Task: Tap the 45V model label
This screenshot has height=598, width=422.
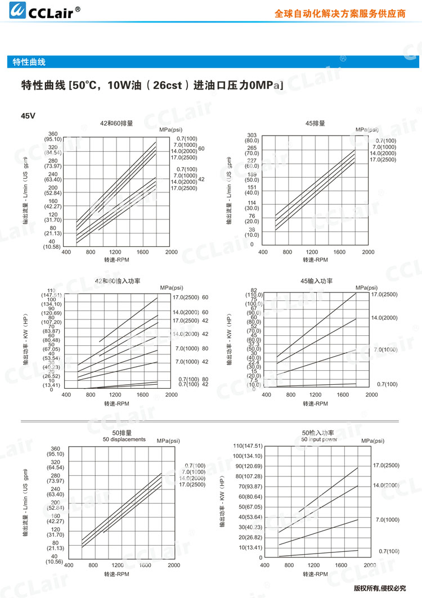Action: (28, 116)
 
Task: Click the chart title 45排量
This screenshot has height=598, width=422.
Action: (315, 123)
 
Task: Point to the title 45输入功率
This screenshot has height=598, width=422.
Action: (317, 281)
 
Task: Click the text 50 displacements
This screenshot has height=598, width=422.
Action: (124, 439)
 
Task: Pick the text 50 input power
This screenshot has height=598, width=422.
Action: (318, 439)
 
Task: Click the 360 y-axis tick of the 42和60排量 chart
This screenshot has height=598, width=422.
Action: (53, 133)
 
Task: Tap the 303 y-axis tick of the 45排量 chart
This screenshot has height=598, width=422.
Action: (252, 135)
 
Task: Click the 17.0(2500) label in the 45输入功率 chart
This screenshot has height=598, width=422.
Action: (384, 294)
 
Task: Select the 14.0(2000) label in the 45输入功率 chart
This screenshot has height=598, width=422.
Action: (384, 318)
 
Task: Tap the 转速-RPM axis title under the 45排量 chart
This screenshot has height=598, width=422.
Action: (315, 260)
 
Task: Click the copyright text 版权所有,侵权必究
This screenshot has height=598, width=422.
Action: (379, 588)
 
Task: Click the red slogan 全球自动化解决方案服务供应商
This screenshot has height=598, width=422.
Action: (340, 14)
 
